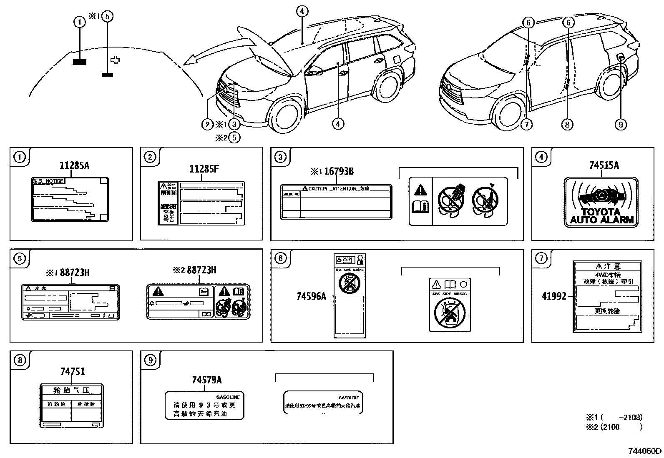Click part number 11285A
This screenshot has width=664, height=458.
(x=74, y=165)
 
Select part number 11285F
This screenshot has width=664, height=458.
(x=204, y=168)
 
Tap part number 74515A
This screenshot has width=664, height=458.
(x=604, y=165)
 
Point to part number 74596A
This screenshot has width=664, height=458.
(x=311, y=296)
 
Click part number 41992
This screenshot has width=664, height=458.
(x=553, y=296)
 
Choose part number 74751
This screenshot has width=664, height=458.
(x=73, y=371)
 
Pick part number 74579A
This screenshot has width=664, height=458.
(x=206, y=380)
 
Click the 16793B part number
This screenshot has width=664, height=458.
(x=339, y=171)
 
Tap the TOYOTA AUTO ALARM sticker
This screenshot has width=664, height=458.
(x=601, y=202)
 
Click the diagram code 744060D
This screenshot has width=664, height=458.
(x=645, y=451)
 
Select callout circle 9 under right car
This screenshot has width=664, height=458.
(x=621, y=124)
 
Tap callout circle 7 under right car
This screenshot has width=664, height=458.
(x=527, y=124)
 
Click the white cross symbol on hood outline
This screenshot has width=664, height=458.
(x=116, y=60)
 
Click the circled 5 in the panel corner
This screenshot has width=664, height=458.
(x=20, y=259)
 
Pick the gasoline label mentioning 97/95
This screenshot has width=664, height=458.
(x=323, y=403)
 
